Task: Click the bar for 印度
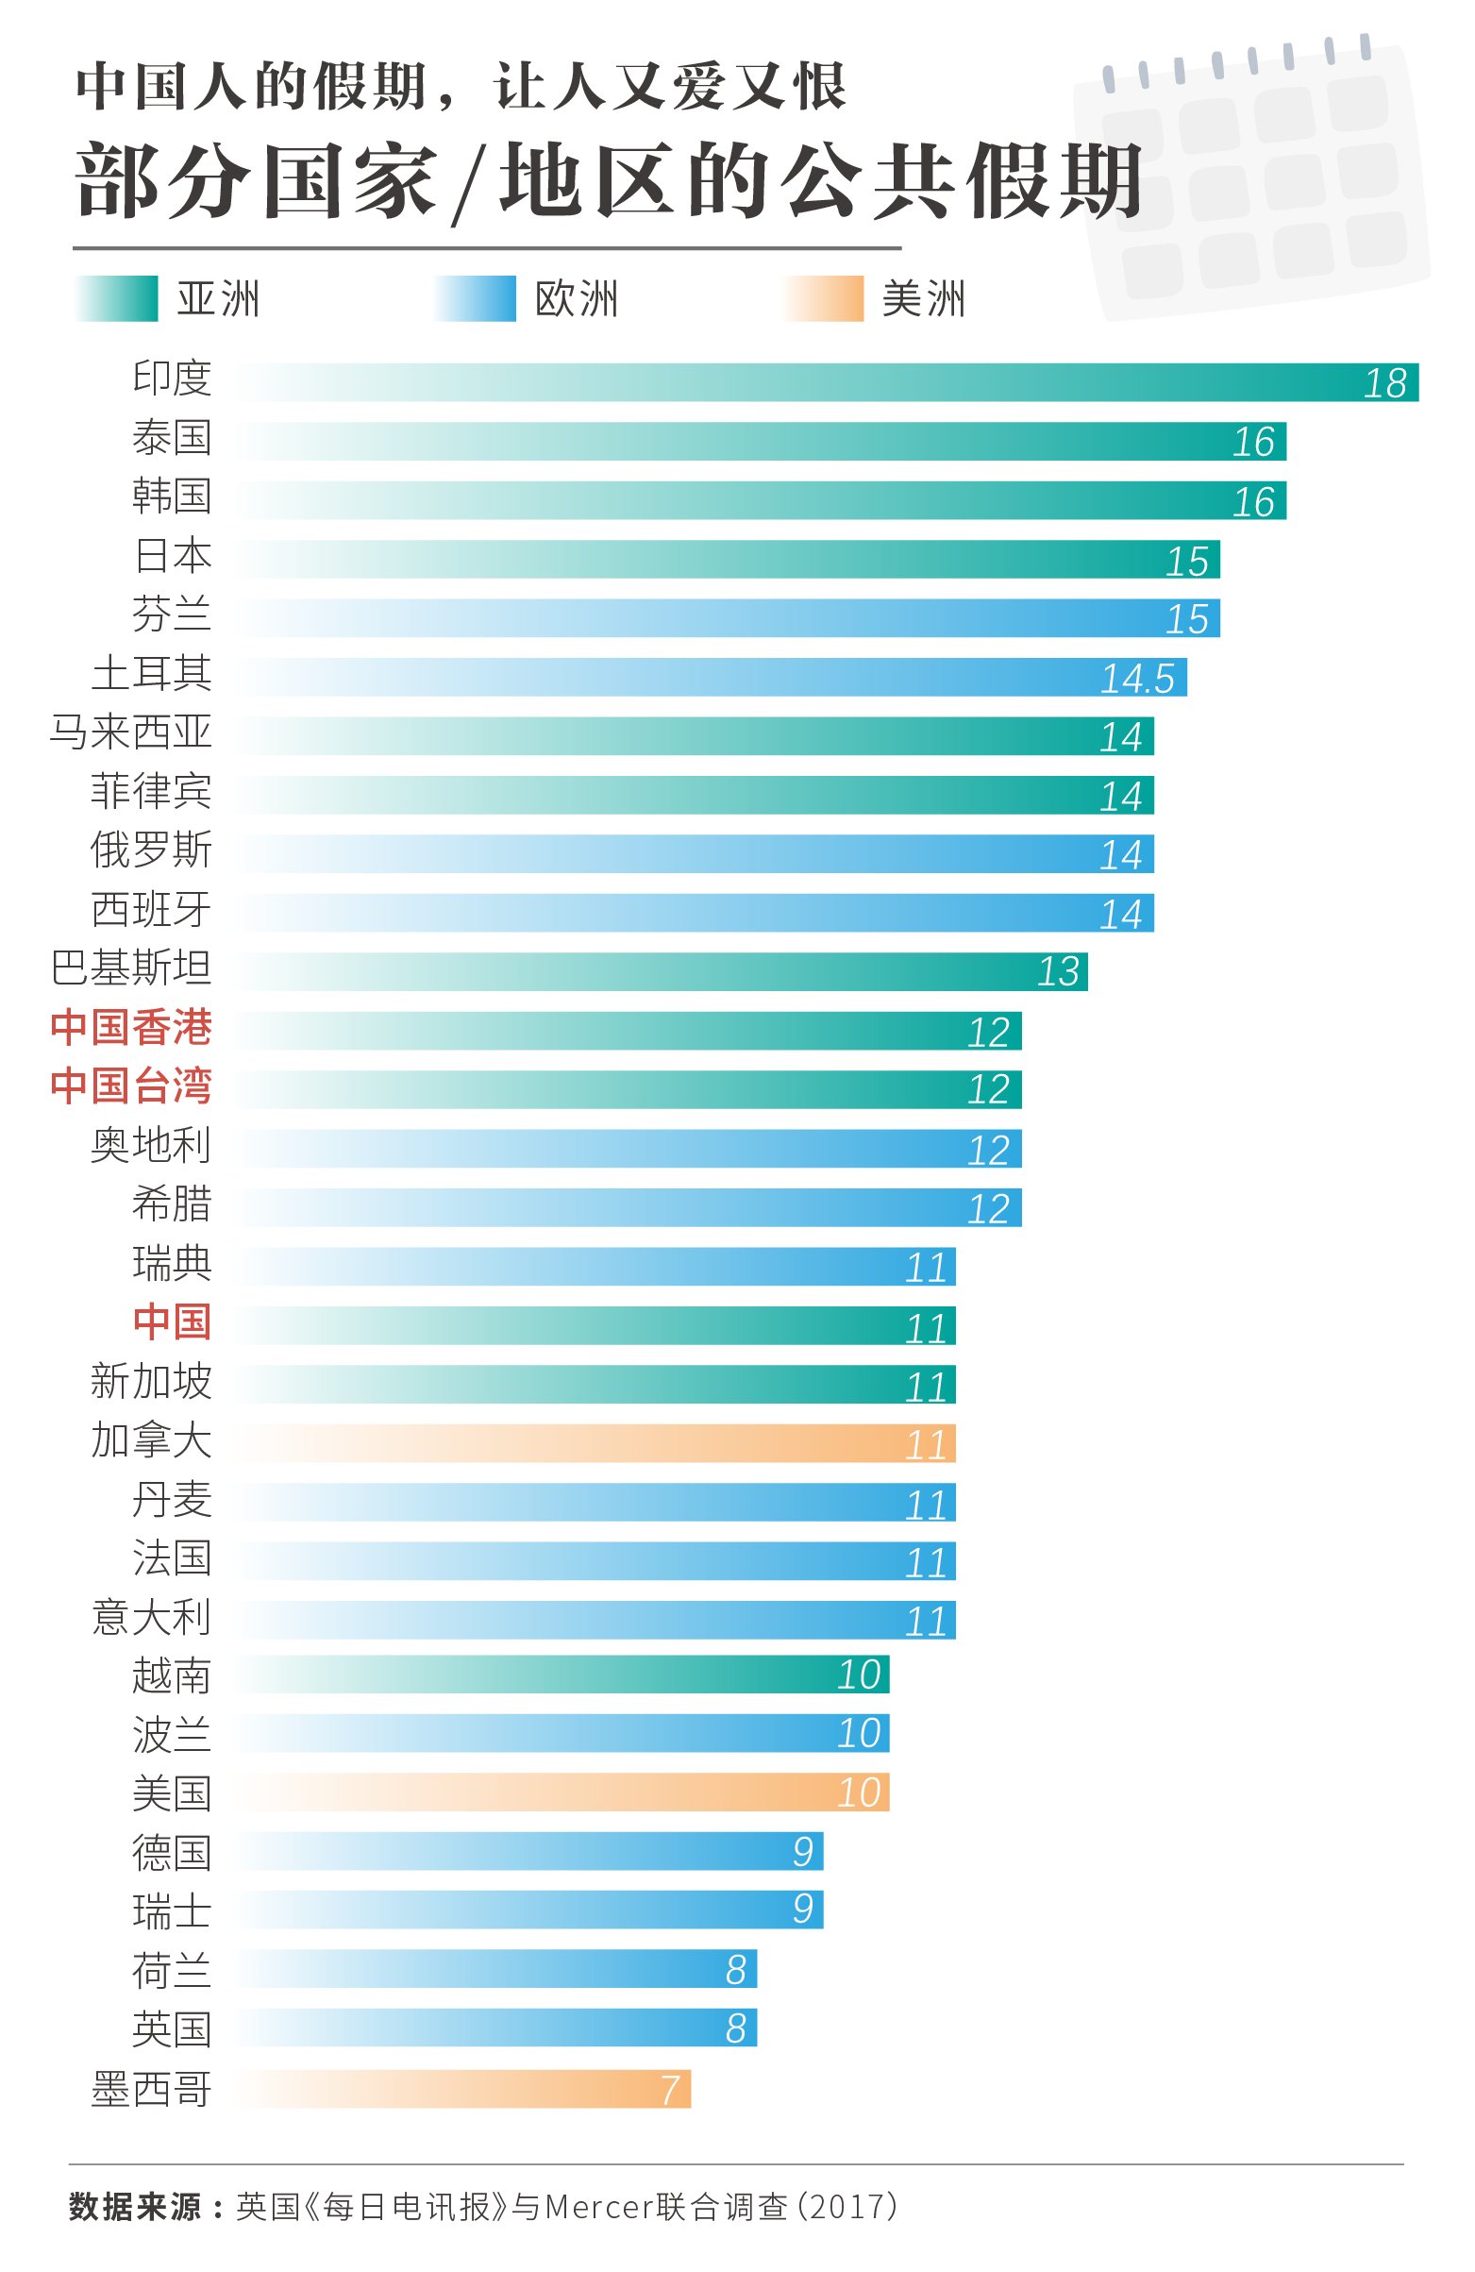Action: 827,382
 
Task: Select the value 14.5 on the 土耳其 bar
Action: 1136,679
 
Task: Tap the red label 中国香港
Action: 131,1027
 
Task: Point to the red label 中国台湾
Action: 131,1086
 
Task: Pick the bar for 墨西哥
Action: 463,2089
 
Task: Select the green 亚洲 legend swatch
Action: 116,299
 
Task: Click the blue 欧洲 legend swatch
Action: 476,299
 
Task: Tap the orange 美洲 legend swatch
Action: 824,299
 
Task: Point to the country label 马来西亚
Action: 131,732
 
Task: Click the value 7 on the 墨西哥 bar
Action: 670,2090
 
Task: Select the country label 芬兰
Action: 172,614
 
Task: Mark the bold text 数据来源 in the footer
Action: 135,2206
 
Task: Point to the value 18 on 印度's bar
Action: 1384,384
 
